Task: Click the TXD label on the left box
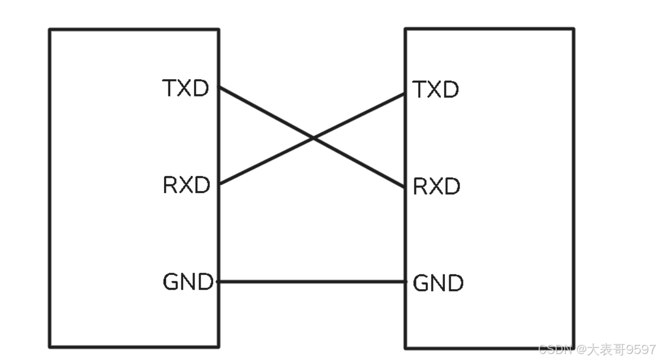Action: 186,88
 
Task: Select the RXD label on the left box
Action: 186,186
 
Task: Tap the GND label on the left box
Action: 188,282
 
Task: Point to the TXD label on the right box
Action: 436,89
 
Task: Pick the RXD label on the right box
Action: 437,187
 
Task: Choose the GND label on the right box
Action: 438,283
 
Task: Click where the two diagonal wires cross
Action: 312,138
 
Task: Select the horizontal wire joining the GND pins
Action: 312,282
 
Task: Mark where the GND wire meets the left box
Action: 219,282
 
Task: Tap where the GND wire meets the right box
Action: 406,282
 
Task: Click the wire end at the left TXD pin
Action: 219,87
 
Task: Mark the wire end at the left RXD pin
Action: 219,184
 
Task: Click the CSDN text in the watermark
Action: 554,349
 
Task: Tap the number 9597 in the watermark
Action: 641,349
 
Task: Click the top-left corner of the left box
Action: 50,29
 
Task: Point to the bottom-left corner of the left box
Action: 50,346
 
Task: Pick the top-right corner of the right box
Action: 574,29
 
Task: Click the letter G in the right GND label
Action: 420,283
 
